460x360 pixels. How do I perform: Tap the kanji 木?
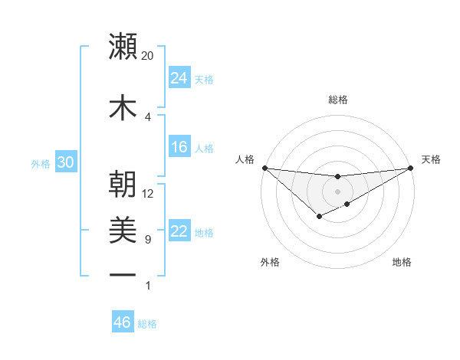pyautogui.click(x=123, y=107)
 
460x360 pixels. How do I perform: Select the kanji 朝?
pyautogui.click(x=123, y=184)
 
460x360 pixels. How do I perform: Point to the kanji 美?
pyautogui.click(x=123, y=231)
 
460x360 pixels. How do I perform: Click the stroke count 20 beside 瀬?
pyautogui.click(x=148, y=56)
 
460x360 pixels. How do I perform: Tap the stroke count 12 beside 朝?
pyautogui.click(x=148, y=193)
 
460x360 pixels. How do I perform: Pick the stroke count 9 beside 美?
pyautogui.click(x=148, y=240)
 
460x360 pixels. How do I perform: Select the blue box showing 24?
pyautogui.click(x=179, y=77)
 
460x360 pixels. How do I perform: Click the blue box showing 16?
pyautogui.click(x=179, y=147)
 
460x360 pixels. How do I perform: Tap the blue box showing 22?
pyautogui.click(x=179, y=231)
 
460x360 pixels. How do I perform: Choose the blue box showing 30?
pyautogui.click(x=65, y=162)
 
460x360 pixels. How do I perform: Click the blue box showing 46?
pyautogui.click(x=122, y=322)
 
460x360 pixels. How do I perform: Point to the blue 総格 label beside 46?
pyautogui.click(x=147, y=324)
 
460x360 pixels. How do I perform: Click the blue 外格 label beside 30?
pyautogui.click(x=41, y=163)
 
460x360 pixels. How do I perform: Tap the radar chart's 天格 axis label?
pyautogui.click(x=431, y=159)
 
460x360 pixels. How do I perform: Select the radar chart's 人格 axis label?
pyautogui.click(x=245, y=159)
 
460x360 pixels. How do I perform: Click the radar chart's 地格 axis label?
pyautogui.click(x=402, y=262)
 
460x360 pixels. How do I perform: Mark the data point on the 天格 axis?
pyautogui.click(x=411, y=168)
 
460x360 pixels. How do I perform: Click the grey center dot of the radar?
pyautogui.click(x=337, y=191)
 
